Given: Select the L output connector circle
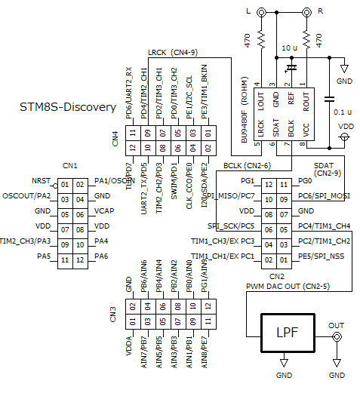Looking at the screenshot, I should [261, 13].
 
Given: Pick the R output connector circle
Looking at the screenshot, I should [306, 13].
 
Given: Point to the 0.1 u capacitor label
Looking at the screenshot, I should [343, 111].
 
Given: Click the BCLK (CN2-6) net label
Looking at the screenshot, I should [248, 165].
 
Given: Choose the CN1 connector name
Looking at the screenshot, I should [69, 166].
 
